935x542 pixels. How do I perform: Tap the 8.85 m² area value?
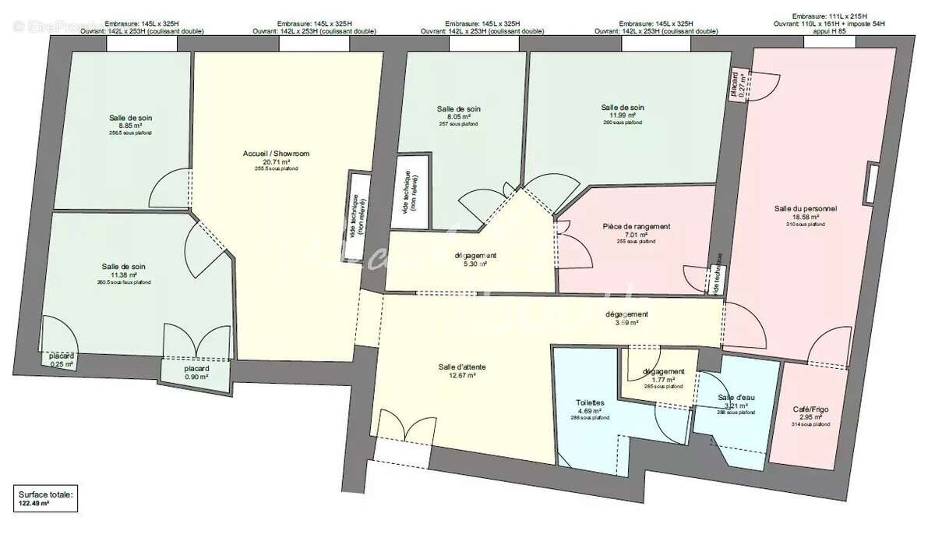point(130,126)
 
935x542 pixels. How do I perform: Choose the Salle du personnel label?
point(806,208)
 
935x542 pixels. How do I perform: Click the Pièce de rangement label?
point(637,226)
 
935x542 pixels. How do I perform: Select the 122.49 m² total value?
point(34,505)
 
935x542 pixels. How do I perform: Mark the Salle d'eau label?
point(732,398)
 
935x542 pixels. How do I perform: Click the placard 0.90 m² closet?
point(196,373)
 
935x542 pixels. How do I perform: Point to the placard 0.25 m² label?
point(62,360)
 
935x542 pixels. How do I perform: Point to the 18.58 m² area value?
point(806,217)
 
